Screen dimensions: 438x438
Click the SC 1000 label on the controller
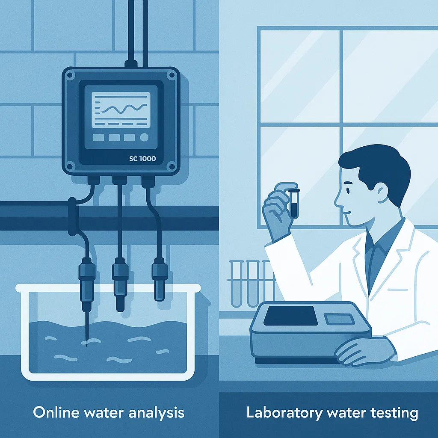tap(142, 159)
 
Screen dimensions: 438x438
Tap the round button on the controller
tap(144, 137)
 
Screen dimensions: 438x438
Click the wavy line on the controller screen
tap(124, 108)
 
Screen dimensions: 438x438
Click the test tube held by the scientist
tap(294, 203)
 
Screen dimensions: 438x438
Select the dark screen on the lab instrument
tap(290, 316)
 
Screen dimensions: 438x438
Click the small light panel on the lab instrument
tap(339, 319)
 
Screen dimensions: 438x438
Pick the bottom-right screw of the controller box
tap(172, 167)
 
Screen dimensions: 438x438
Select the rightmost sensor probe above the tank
tap(160, 279)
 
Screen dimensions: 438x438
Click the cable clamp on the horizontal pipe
tap(72, 216)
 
